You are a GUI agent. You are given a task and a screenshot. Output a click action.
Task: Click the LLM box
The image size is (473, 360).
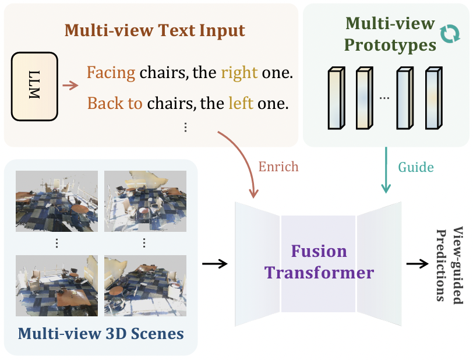(34, 86)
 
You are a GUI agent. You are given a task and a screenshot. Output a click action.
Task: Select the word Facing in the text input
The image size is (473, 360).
(111, 73)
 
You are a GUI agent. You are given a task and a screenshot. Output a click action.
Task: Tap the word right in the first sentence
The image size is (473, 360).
(239, 73)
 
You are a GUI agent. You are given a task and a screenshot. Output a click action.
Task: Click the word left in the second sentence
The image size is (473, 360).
(241, 104)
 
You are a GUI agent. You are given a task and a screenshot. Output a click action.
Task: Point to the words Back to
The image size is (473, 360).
(115, 104)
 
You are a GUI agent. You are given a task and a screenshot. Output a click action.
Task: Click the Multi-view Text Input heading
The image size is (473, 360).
(155, 30)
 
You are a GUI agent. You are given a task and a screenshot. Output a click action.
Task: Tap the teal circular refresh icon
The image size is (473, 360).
(449, 34)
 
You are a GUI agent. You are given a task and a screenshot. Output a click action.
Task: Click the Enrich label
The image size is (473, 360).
(278, 167)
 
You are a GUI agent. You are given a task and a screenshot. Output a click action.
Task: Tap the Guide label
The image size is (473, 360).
(416, 167)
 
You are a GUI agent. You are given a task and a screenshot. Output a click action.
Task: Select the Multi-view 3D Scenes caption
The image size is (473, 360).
(101, 334)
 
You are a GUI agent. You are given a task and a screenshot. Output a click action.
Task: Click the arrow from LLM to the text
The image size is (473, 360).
(70, 86)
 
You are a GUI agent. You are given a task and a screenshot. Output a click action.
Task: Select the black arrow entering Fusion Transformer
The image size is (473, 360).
(214, 264)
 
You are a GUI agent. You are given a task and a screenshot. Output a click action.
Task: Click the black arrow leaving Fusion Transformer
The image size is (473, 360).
(416, 264)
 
